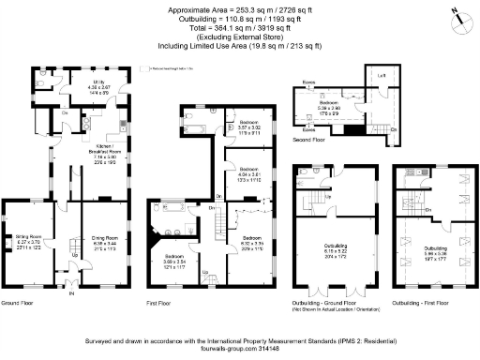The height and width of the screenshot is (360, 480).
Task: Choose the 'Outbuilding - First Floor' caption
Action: coord(422,304)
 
